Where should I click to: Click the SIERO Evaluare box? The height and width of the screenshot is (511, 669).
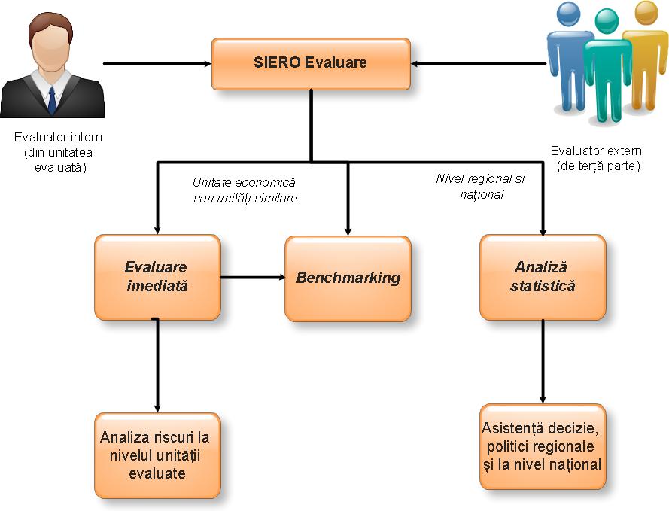click(310, 62)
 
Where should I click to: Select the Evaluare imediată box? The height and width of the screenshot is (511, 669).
click(157, 277)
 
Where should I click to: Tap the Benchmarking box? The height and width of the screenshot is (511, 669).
click(348, 278)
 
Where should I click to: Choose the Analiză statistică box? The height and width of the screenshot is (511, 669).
click(542, 277)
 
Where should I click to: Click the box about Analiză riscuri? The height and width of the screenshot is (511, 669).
click(157, 455)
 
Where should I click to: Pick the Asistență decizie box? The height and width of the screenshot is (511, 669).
click(542, 446)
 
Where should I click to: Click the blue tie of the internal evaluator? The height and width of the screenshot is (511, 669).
click(51, 99)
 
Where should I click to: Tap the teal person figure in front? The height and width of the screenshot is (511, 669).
click(606, 68)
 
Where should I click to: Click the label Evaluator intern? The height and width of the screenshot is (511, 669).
click(58, 138)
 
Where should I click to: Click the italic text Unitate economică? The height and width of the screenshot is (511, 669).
click(245, 183)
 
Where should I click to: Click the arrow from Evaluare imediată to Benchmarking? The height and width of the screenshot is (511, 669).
click(252, 278)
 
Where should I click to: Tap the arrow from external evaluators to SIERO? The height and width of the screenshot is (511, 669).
click(478, 63)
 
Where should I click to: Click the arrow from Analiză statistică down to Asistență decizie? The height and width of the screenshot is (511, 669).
click(543, 361)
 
